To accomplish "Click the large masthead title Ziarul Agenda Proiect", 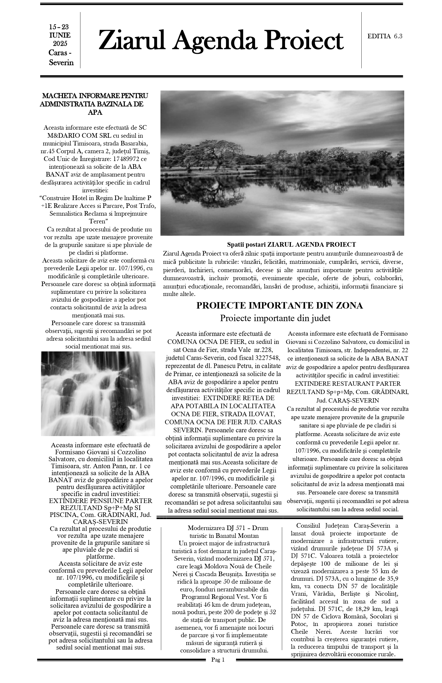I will click(221, 40).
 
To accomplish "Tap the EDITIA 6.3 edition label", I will click(385, 36).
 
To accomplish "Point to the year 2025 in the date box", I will click(60, 44).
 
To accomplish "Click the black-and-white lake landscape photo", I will click(282, 163).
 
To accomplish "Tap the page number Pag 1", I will click(218, 676).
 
